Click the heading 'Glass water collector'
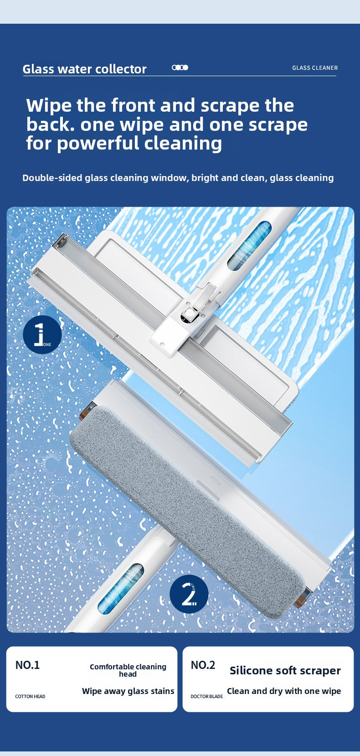click(84, 69)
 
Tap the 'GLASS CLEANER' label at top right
click(315, 68)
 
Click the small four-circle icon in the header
click(180, 67)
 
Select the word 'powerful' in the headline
click(98, 143)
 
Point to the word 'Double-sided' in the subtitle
click(52, 178)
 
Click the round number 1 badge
click(42, 335)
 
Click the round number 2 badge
click(189, 594)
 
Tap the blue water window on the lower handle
click(121, 588)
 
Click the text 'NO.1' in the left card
click(27, 665)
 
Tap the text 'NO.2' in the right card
click(203, 665)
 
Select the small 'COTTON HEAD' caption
click(30, 697)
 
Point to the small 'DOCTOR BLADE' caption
click(207, 697)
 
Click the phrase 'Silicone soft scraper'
click(285, 671)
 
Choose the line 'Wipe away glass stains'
click(128, 691)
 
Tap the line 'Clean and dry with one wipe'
click(284, 691)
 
